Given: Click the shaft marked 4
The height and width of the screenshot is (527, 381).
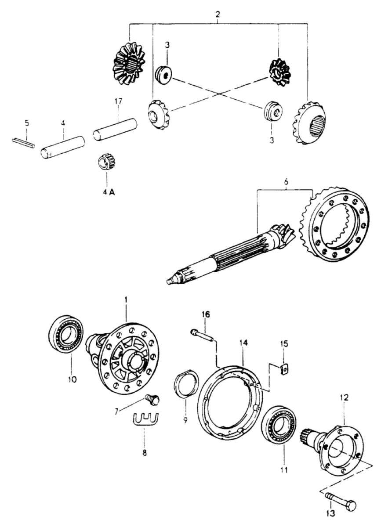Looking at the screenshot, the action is pos(62,147).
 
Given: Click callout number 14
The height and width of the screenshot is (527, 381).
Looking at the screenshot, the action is pos(244,343).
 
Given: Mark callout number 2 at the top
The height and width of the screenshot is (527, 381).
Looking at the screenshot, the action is pos(218,14).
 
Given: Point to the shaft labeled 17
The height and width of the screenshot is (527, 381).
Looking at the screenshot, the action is pos(115,130).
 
